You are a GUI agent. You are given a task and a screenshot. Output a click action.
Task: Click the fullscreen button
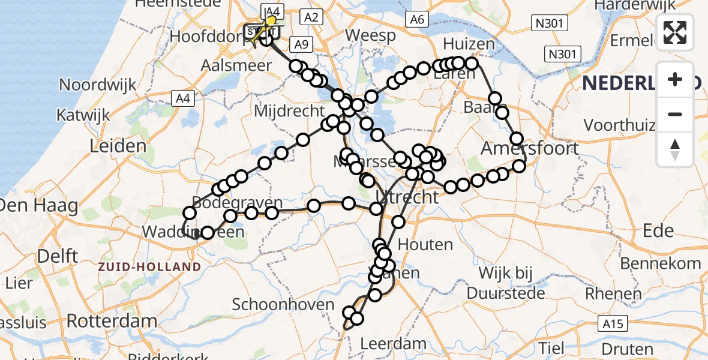tap(675, 32)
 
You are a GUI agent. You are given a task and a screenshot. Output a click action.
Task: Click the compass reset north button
tap(675, 149)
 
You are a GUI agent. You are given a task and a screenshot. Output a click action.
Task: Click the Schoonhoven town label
tap(283, 304)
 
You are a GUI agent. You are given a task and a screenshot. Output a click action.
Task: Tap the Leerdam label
tap(394, 344)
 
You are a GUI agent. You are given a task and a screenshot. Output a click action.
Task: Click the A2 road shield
tap(311, 17)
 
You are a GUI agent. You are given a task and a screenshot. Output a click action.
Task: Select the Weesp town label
tap(370, 35)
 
